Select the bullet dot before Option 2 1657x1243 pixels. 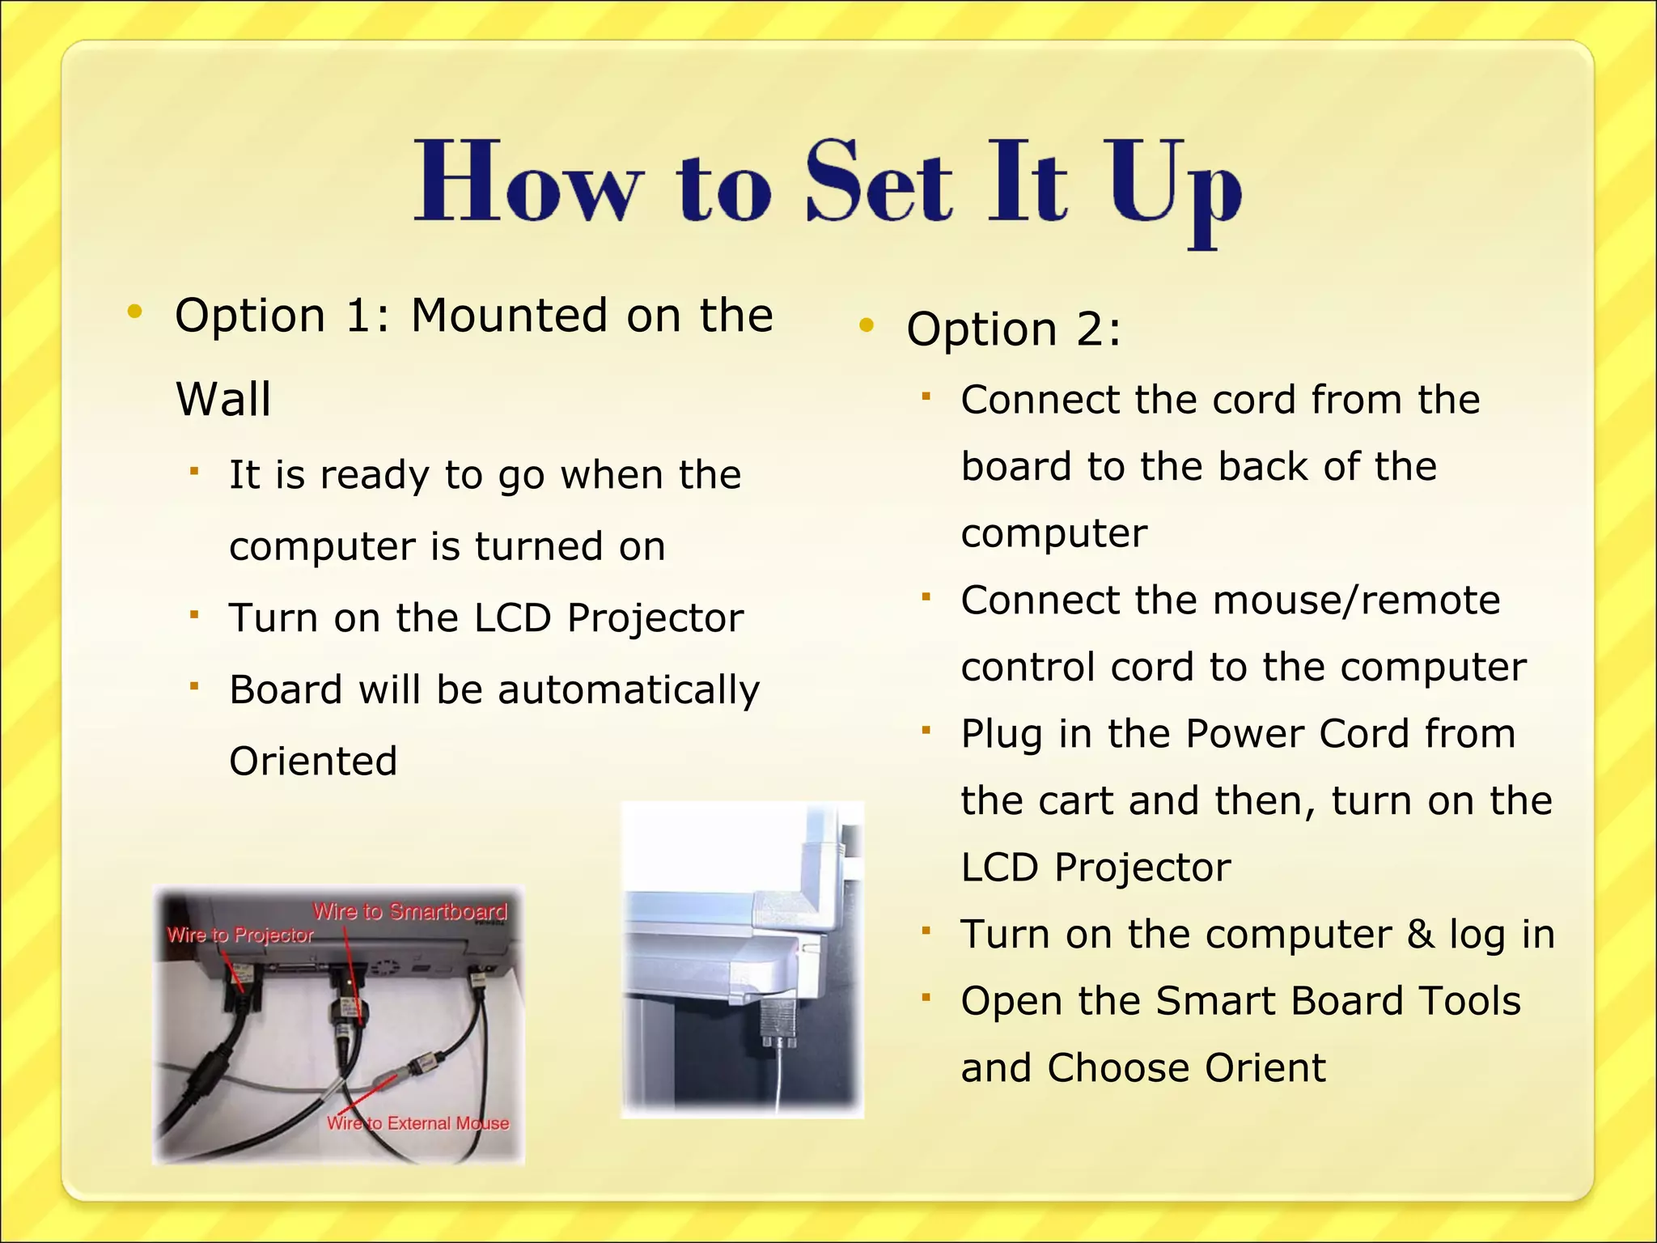[x=867, y=325]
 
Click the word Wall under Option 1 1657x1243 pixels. [x=223, y=399]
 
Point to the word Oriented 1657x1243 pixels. [x=313, y=761]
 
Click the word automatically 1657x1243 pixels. [x=629, y=690]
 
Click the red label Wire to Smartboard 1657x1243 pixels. [x=410, y=912]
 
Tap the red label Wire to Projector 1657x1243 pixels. [x=240, y=935]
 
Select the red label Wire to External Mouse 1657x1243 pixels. [x=417, y=1123]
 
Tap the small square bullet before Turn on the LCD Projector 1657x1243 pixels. [x=194, y=615]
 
